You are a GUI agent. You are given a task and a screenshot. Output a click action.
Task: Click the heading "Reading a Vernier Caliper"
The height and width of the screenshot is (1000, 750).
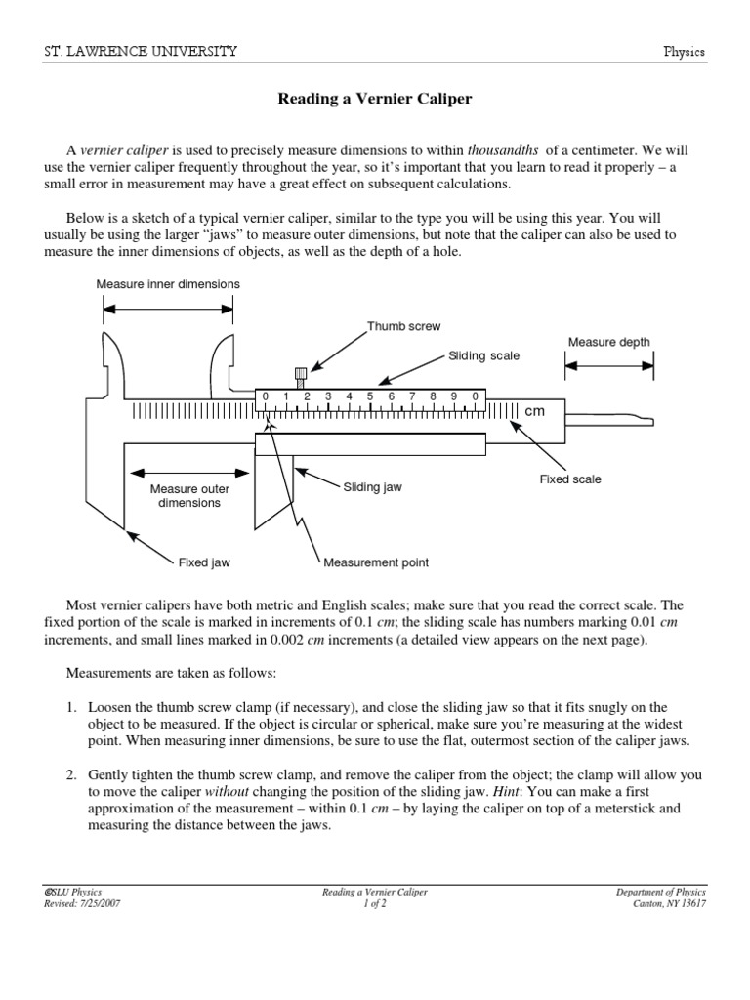pyautogui.click(x=375, y=99)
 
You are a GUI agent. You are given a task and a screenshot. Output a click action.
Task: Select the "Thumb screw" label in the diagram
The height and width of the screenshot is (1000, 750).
pyautogui.click(x=403, y=326)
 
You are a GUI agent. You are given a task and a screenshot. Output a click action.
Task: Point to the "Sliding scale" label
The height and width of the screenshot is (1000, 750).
pyautogui.click(x=483, y=356)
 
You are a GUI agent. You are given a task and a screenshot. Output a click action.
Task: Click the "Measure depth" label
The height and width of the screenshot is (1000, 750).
pyautogui.click(x=608, y=342)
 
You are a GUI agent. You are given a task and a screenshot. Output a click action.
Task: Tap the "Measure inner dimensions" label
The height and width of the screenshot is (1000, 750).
pyautogui.click(x=167, y=284)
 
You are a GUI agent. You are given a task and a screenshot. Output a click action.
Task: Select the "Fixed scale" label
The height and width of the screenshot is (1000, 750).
pyautogui.click(x=570, y=479)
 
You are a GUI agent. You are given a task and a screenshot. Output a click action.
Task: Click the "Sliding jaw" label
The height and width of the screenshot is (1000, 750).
pyautogui.click(x=372, y=485)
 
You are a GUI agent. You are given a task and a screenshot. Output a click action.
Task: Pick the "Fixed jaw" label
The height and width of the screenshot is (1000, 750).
pyautogui.click(x=203, y=562)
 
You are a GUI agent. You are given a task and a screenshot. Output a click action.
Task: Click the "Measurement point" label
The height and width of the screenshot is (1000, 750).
pyautogui.click(x=376, y=562)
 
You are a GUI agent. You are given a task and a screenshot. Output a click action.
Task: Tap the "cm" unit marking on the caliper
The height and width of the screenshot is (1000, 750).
pyautogui.click(x=534, y=412)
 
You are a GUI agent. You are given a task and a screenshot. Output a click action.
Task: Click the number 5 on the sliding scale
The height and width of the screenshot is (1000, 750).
pyautogui.click(x=370, y=396)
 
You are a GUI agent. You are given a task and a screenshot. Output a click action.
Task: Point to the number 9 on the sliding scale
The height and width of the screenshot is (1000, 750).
pyautogui.click(x=454, y=396)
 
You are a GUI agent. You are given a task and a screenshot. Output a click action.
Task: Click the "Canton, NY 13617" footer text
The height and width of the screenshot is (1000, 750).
pyautogui.click(x=669, y=903)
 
